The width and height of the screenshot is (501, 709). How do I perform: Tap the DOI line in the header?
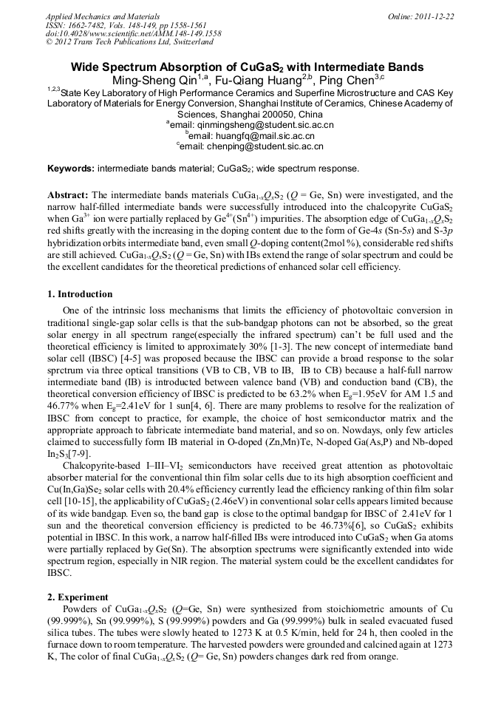coord(133,33)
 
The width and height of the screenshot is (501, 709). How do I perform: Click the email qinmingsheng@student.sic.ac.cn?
coord(254,126)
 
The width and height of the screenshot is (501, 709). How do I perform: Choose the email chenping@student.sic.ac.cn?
coord(254,146)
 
